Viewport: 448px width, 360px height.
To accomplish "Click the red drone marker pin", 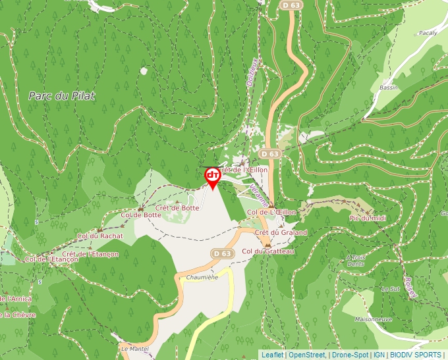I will coord(212,177).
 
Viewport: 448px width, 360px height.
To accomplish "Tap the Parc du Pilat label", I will coord(62,95).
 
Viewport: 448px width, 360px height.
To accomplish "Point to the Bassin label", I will coord(389,88).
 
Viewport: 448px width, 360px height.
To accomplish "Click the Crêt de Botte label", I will coord(177,208).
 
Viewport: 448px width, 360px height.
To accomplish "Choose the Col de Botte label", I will coord(141,215).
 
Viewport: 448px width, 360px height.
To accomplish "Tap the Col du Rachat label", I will coord(100,236).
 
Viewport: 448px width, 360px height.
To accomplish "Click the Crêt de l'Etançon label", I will coord(90,254).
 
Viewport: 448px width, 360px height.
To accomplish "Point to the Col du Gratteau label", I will coord(267,251).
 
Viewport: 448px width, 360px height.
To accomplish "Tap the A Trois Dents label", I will coord(355,261).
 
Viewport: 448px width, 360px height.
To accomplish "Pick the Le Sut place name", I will coord(390,288).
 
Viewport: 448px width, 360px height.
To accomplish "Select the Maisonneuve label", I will coord(374,320).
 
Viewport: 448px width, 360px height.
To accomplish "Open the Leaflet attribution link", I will coord(271,355).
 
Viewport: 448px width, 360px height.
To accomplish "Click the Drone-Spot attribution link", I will coord(350,355).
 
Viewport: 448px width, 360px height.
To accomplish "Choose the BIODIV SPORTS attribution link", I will coord(416,355).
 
